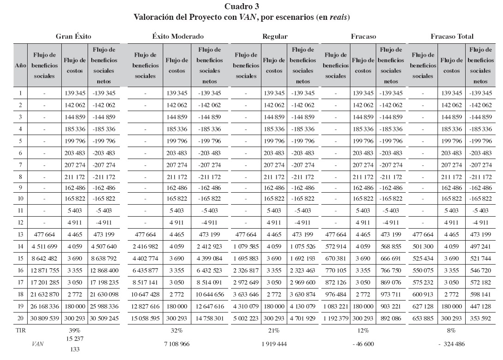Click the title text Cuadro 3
(242, 6)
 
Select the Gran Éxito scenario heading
(74, 36)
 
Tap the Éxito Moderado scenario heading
(178, 36)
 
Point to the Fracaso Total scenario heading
(452, 36)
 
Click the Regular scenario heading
(275, 36)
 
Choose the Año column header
(20, 65)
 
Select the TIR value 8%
(451, 330)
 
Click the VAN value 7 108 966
(178, 344)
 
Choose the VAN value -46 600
(364, 344)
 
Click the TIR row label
(20, 330)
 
